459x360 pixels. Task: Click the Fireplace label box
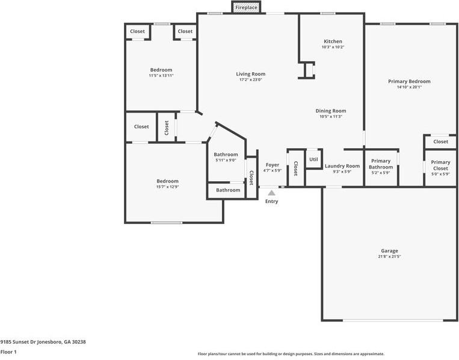click(245, 7)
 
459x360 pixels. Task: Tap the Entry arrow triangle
click(272, 193)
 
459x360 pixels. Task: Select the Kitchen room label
click(332, 42)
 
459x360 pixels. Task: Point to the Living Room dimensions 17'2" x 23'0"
click(250, 79)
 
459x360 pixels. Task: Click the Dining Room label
click(331, 111)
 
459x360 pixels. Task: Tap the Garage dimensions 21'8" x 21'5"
click(389, 256)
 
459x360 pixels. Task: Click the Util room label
click(313, 159)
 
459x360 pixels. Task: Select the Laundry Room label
click(342, 166)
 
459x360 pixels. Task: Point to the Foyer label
click(273, 165)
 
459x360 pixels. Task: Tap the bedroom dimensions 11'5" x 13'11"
click(161, 75)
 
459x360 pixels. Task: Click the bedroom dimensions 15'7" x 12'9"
click(167, 187)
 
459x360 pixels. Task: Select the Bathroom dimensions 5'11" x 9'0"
click(226, 160)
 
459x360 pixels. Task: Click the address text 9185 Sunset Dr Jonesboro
click(43, 341)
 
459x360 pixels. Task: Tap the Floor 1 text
click(8, 352)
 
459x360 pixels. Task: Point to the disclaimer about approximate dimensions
click(291, 354)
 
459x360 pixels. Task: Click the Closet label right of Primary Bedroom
click(440, 142)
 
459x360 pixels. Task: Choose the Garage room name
click(389, 251)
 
